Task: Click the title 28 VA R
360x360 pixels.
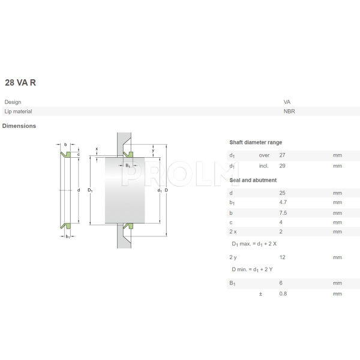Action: click(20, 82)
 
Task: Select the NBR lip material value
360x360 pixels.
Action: click(289, 111)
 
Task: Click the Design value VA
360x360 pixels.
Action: click(287, 102)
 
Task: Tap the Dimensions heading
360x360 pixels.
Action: click(19, 126)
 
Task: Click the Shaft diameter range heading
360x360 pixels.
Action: click(256, 142)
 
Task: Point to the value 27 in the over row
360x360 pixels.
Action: click(283, 155)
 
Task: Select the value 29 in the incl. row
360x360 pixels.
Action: click(283, 164)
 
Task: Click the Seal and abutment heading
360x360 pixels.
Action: click(253, 180)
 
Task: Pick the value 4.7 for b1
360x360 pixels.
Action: click(283, 202)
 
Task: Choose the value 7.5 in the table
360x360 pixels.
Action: click(283, 212)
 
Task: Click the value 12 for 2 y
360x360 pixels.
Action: click(282, 257)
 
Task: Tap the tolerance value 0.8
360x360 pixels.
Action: click(283, 293)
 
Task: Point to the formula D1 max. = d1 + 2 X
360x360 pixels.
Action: click(254, 244)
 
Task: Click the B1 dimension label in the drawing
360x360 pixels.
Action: click(128, 165)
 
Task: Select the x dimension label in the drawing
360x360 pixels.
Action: click(97, 149)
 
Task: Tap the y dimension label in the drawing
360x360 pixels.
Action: click(153, 150)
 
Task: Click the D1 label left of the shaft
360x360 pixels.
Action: click(90, 190)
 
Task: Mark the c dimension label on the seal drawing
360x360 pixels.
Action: click(78, 154)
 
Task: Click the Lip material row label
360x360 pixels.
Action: click(18, 111)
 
